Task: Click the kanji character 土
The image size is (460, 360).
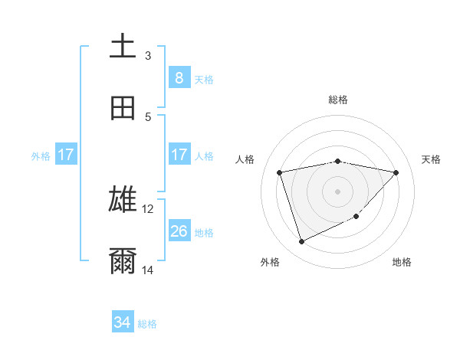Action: pos(123,46)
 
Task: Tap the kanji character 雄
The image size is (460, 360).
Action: pos(123,200)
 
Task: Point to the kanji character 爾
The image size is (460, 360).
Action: pos(123,261)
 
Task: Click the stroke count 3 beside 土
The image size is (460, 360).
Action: pos(148,56)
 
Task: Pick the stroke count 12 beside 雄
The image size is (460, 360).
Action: pos(148,208)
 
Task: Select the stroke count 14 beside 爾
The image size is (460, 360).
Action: pos(148,270)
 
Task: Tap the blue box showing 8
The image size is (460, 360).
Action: pos(179,77)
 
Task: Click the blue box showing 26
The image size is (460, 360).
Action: pos(179,231)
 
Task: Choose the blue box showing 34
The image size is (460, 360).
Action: pos(123,322)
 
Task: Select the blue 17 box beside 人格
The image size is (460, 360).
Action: pos(179,154)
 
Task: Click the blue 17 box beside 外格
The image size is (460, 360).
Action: pos(65,155)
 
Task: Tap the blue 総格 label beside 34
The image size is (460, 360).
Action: pos(148,324)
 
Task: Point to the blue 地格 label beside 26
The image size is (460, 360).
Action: pos(205,232)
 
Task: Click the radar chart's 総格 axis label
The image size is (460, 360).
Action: pos(338,100)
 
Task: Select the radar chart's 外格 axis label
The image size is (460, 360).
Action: pos(270,262)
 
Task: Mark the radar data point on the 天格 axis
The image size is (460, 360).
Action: pos(396,172)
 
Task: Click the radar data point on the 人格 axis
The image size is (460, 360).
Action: pos(280,172)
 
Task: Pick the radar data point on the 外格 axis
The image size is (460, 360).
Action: pos(301,242)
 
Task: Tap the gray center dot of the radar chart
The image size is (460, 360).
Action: pos(338,191)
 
